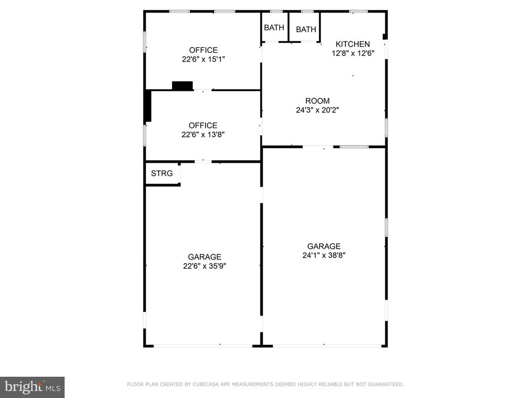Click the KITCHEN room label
pos(353,44)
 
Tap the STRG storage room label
pos(162,173)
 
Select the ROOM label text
pos(317,101)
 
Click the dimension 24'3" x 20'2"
pos(317,110)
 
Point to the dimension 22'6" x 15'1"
pos(203,59)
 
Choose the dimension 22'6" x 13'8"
pos(203,134)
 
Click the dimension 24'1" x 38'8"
pos(324,255)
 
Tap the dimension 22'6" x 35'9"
pos(204,266)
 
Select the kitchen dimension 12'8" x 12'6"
pos(353,53)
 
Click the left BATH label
pos(274,27)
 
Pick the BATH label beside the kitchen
pos(306,30)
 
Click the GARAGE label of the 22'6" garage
pos(204,257)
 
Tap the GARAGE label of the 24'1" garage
pos(324,246)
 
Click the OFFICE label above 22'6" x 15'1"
pos(203,50)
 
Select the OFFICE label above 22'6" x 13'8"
pos(203,125)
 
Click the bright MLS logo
pos(32,387)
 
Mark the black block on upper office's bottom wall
pos(183,86)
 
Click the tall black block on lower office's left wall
pos(148,106)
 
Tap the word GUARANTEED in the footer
pos(386,384)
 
